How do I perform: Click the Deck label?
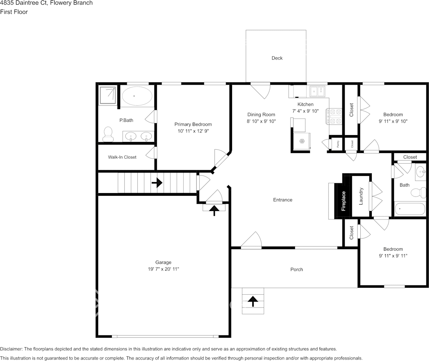click(x=277, y=58)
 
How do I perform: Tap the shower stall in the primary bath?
click(x=108, y=95)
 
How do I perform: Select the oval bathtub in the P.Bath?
click(x=137, y=96)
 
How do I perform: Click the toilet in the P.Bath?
click(x=108, y=134)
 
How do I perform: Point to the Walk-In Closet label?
click(x=122, y=157)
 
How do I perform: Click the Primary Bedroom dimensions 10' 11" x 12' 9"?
click(x=193, y=131)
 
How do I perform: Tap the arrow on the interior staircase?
click(x=156, y=183)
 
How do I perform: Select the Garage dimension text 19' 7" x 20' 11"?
click(x=163, y=269)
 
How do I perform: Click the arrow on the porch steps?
click(x=252, y=301)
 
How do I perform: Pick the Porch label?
click(x=297, y=269)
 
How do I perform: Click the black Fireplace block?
click(x=343, y=201)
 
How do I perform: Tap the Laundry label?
click(x=361, y=196)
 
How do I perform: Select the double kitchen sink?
click(x=317, y=91)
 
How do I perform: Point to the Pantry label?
click(x=338, y=144)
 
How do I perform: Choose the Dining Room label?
click(x=261, y=114)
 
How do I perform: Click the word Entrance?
click(x=282, y=200)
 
